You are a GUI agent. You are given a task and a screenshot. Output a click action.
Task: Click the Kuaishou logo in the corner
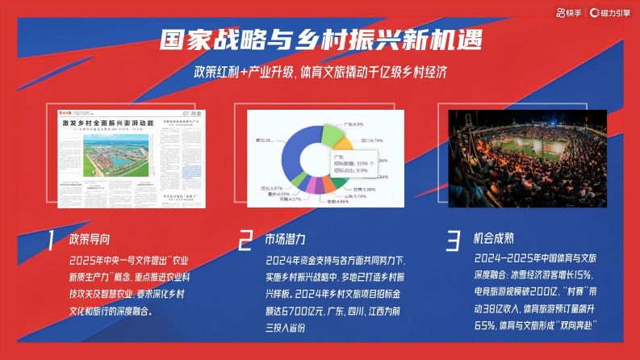[x=569, y=12]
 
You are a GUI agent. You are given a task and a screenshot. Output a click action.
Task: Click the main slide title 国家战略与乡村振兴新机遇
[x=320, y=40]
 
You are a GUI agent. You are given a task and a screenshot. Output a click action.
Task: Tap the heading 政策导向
[x=90, y=240]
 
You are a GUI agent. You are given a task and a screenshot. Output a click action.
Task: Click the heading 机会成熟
[x=493, y=240]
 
